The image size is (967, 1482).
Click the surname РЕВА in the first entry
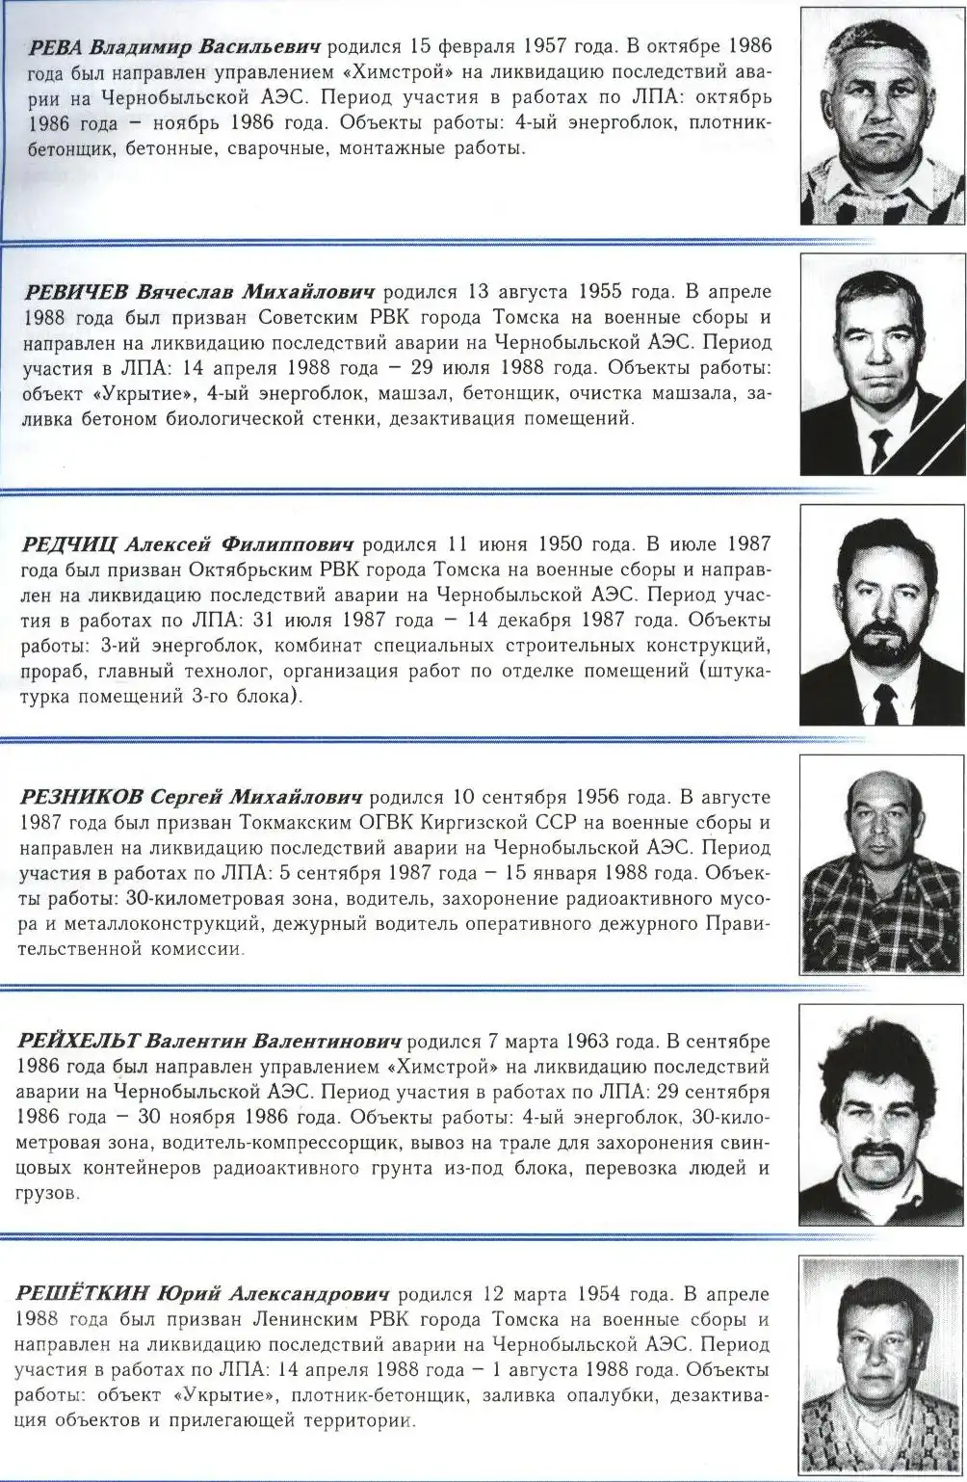coord(56,45)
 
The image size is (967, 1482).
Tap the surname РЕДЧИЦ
coord(70,544)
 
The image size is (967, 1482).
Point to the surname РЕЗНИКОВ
coord(81,797)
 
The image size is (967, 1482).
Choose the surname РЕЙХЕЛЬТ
coord(80,1043)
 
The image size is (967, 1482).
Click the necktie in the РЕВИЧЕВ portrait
coord(878,447)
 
